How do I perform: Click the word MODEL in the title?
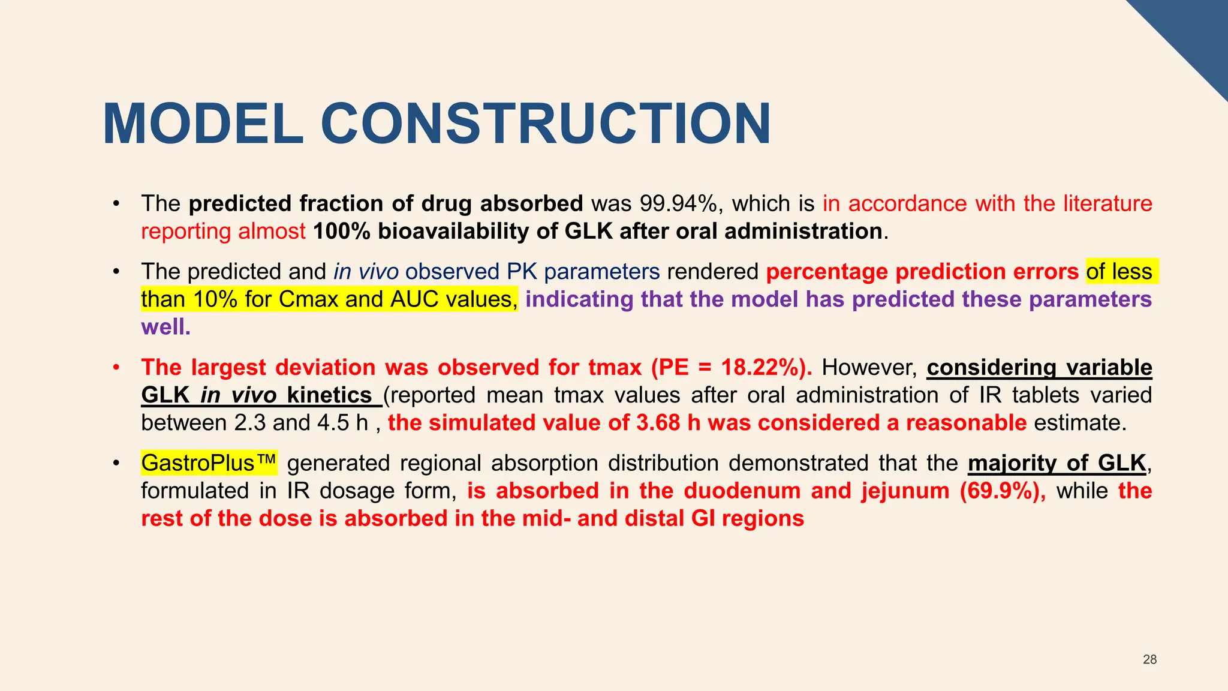[x=203, y=125]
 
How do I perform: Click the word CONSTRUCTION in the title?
[x=546, y=125]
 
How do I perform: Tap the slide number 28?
[x=1149, y=660]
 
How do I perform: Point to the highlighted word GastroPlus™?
[x=209, y=463]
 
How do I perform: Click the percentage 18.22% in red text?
[x=760, y=367]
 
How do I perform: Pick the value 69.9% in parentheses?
[x=1003, y=491]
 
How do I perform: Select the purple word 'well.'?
[x=165, y=327]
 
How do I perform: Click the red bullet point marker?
[x=118, y=367]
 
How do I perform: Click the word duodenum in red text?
[x=742, y=491]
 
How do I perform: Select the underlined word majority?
[x=1012, y=463]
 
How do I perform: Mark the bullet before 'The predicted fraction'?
[x=118, y=204]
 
